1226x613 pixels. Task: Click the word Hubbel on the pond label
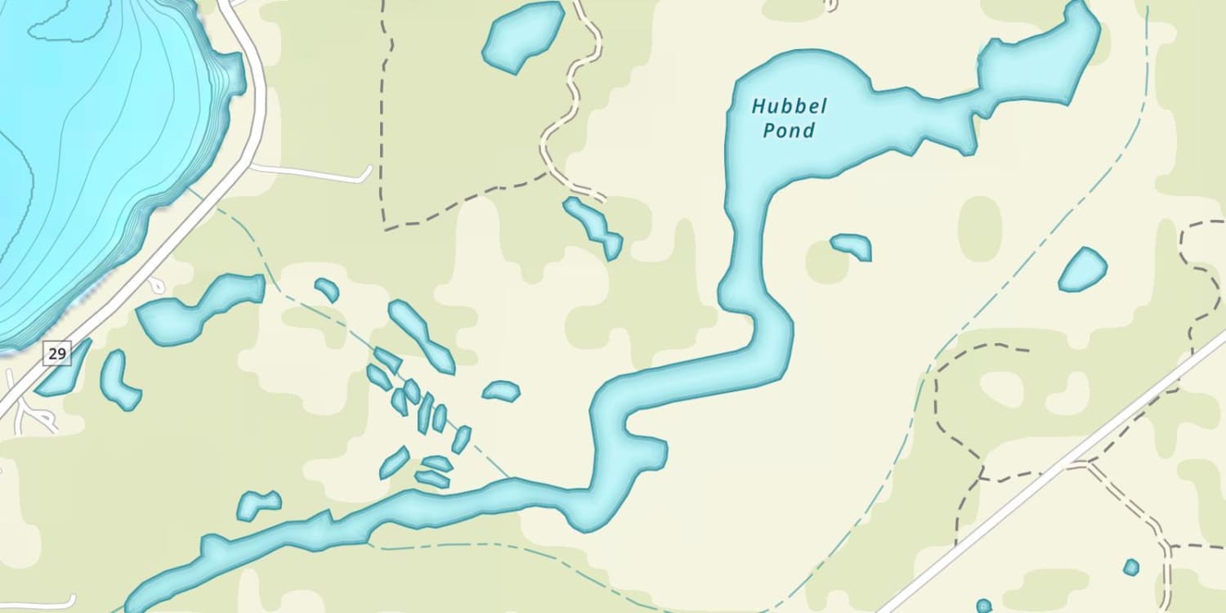778,106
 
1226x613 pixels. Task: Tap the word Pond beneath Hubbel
789,130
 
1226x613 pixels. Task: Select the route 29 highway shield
57,353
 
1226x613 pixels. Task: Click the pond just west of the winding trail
523,36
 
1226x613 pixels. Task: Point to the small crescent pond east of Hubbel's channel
852,245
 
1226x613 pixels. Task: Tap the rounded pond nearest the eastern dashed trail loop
1082,270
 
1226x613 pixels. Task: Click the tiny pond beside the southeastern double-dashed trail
1131,566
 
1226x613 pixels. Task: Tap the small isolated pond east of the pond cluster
501,392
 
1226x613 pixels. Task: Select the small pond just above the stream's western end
258,504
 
